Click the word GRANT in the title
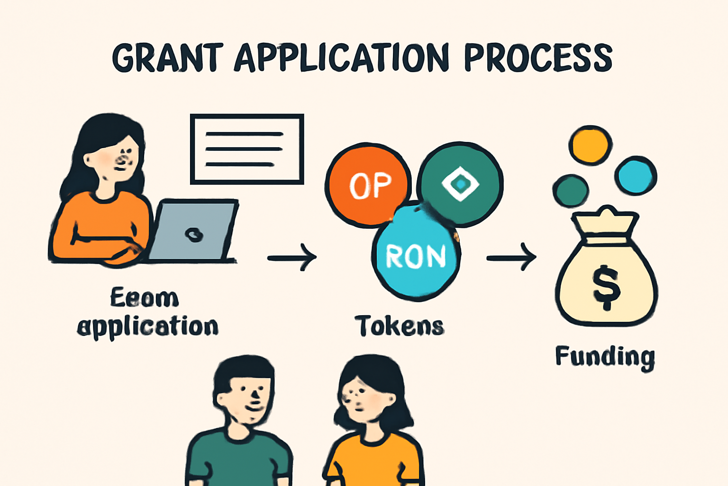pyautogui.click(x=167, y=58)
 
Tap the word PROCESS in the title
pyautogui.click(x=538, y=58)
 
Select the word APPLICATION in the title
pyautogui.click(x=341, y=58)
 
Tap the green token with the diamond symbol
pyautogui.click(x=461, y=183)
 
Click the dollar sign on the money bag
pyautogui.click(x=606, y=288)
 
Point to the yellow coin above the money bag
pyautogui.click(x=590, y=145)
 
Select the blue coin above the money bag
pyautogui.click(x=636, y=175)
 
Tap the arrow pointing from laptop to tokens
pyautogui.click(x=292, y=258)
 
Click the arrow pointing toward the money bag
pyautogui.click(x=511, y=258)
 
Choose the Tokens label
pyautogui.click(x=400, y=326)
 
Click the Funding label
pyautogui.click(x=605, y=357)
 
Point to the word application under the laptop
pyautogui.click(x=148, y=327)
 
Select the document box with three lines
pyautogui.click(x=247, y=149)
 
